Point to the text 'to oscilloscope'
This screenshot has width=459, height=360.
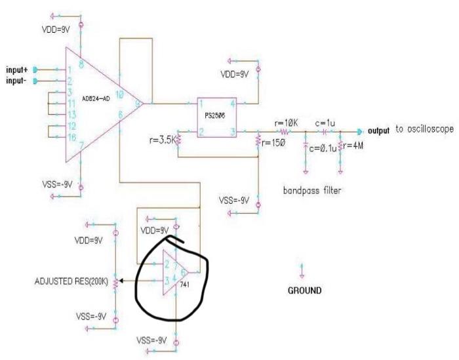tap(424, 130)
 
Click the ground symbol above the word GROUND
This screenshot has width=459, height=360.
tap(302, 270)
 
